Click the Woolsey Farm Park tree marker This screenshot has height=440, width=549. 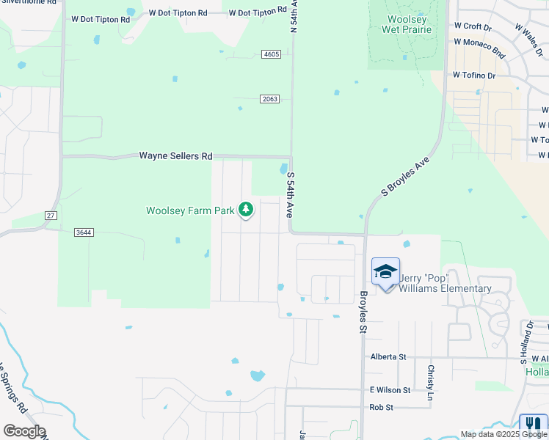click(x=246, y=210)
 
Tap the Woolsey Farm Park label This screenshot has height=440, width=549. click(x=190, y=211)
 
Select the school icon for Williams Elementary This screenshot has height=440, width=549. click(x=386, y=271)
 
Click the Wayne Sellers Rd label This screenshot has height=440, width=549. click(x=176, y=156)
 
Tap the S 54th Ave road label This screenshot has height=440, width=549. click(x=291, y=194)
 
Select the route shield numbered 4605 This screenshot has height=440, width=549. click(x=271, y=54)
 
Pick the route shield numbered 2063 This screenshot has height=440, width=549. click(x=269, y=99)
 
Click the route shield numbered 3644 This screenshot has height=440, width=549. click(x=84, y=232)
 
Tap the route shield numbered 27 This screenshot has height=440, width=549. click(x=51, y=215)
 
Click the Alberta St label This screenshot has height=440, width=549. click(x=388, y=356)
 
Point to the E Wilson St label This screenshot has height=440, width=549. click(x=390, y=390)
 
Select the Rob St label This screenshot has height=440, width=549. click(x=382, y=407)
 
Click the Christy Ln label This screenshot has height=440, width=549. click(x=431, y=377)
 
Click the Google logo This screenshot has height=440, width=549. click(x=24, y=431)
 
